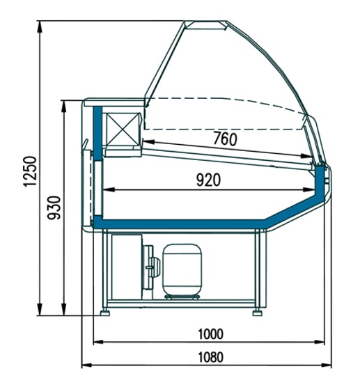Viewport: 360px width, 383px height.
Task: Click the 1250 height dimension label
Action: pos(30,171)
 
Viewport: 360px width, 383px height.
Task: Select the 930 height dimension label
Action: pos(54,208)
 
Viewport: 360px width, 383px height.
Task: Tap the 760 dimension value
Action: pos(225,139)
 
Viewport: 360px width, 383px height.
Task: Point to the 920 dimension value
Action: pos(209,180)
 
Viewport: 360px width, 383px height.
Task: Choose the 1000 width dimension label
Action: pos(210,334)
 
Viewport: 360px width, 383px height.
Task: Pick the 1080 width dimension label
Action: pos(210,357)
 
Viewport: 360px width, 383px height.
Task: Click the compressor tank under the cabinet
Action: pos(182,269)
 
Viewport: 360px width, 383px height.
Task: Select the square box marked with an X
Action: pos(123,130)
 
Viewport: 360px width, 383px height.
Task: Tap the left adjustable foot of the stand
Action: pos(105,313)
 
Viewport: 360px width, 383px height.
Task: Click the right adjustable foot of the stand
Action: pos(258,313)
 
